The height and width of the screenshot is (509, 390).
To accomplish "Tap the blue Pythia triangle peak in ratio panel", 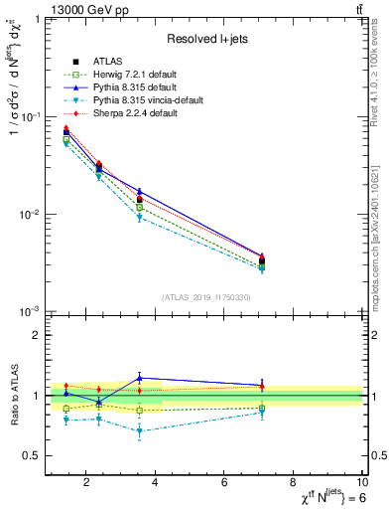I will [x=140, y=378].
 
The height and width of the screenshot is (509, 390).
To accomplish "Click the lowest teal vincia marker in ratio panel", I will [x=140, y=431].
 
